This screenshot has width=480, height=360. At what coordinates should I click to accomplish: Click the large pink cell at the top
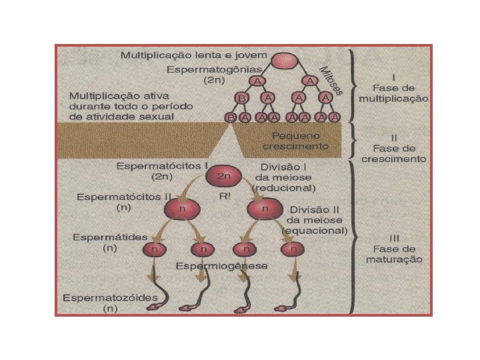(281, 59)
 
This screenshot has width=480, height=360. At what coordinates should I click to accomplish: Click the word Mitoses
(331, 80)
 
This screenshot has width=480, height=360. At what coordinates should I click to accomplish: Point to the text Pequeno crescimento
(295, 139)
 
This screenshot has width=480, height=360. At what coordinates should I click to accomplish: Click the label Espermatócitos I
(152, 165)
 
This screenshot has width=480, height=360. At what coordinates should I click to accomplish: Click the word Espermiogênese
(222, 265)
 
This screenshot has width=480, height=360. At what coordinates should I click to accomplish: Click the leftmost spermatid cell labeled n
(155, 249)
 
